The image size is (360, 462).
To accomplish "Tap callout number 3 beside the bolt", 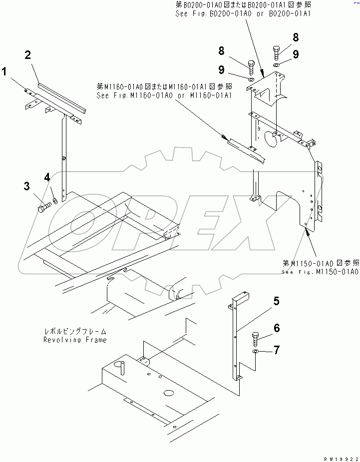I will [26, 187].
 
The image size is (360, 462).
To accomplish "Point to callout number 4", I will [47, 177].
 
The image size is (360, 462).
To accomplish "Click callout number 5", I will [276, 301].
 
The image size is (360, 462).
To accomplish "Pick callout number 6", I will [277, 328].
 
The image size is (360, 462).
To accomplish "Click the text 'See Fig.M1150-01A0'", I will [320, 272].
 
